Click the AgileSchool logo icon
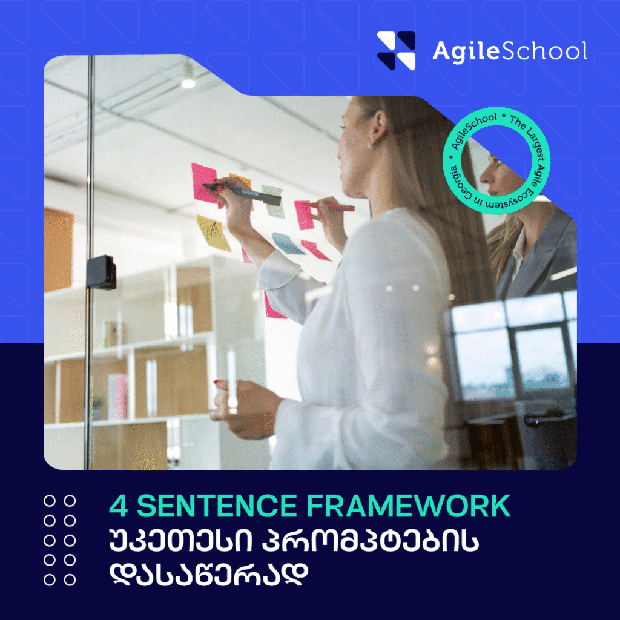pyautogui.click(x=396, y=51)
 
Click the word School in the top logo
pyautogui.click(x=545, y=51)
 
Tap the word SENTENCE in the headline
pyautogui.click(x=217, y=506)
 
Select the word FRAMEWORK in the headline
pyautogui.click(x=409, y=506)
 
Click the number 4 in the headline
pyautogui.click(x=118, y=506)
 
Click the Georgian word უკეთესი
pyautogui.click(x=180, y=541)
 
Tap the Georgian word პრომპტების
pyautogui.click(x=371, y=541)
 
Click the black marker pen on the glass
pyautogui.click(x=241, y=193)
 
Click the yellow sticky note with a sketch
pyautogui.click(x=214, y=233)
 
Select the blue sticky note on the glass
pyautogui.click(x=288, y=243)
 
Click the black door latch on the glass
pyautogui.click(x=101, y=272)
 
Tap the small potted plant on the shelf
pyautogui.click(x=96, y=407)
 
